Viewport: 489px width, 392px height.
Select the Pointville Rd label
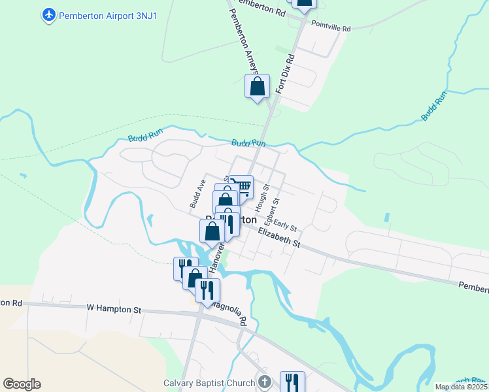click(x=331, y=29)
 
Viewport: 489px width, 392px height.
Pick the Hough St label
click(x=266, y=195)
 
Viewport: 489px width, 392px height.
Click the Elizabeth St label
click(x=278, y=238)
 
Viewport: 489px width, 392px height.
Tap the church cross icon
click(x=265, y=382)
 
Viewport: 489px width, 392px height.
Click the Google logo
click(x=22, y=384)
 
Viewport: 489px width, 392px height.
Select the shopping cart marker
click(x=242, y=187)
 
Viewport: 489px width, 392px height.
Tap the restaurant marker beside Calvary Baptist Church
click(x=292, y=382)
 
